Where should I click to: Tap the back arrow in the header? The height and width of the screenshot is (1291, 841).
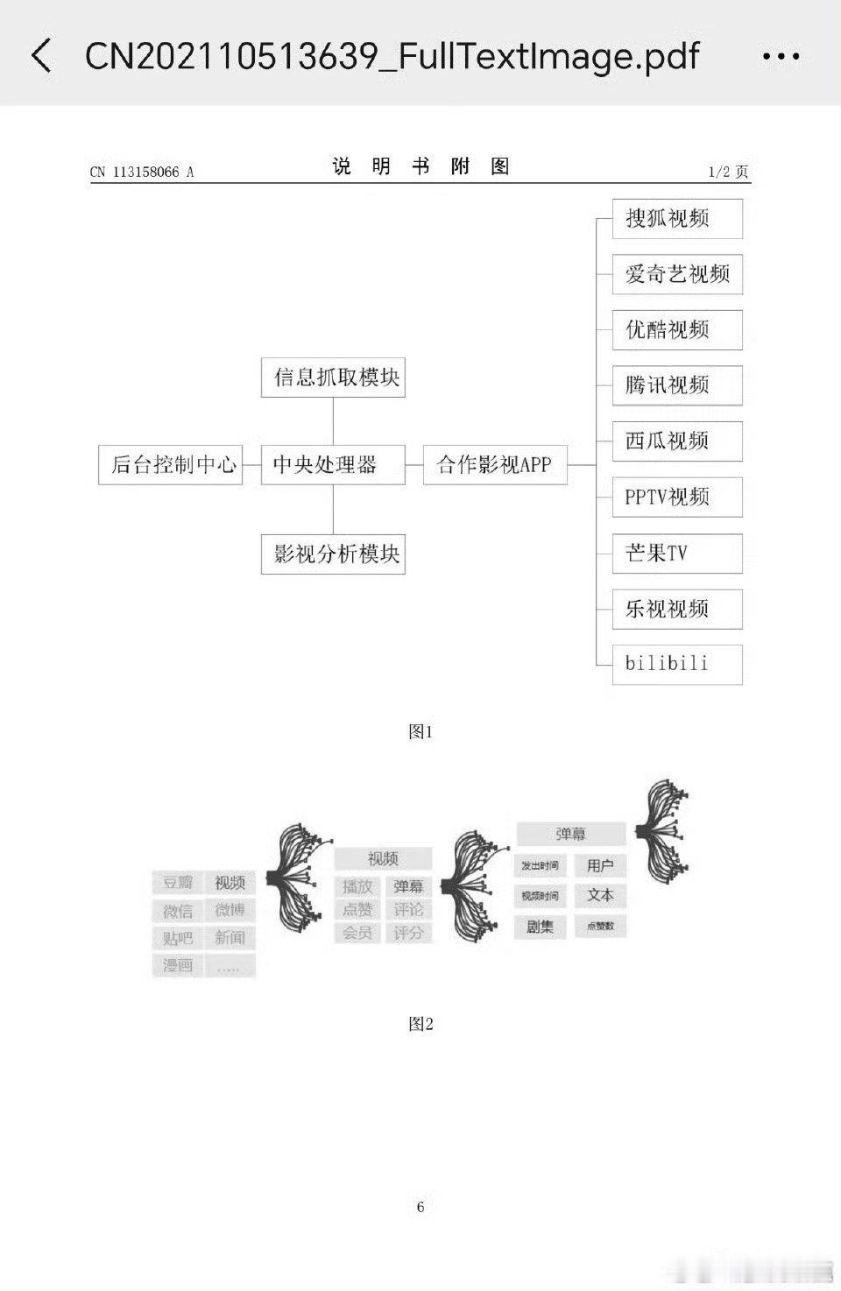point(41,56)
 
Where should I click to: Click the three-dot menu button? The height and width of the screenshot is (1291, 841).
point(781,57)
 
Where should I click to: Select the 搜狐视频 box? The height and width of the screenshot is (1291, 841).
point(677,219)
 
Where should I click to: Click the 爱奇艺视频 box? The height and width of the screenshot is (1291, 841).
point(677,274)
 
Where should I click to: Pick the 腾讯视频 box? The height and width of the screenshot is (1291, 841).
point(677,385)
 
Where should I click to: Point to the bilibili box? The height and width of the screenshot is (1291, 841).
point(677,664)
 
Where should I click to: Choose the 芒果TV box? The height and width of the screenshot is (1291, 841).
point(677,553)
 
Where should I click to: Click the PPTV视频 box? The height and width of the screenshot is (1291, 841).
point(677,497)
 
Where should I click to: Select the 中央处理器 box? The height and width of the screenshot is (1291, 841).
point(333,464)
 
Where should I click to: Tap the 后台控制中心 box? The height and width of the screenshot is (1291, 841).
point(171,464)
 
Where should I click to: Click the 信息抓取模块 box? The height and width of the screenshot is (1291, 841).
point(333,377)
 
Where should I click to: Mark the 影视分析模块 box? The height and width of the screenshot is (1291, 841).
point(333,554)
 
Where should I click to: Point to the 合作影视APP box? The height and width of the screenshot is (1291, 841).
point(495,464)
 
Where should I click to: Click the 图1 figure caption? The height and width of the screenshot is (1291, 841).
point(420,731)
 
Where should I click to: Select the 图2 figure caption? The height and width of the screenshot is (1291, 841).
point(420,1024)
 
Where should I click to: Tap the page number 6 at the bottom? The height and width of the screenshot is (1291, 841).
point(420,1207)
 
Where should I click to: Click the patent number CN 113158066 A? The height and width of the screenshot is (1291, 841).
point(142,172)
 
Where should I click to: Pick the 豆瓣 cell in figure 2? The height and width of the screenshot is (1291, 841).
point(178,883)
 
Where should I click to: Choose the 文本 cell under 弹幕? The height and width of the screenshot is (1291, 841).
point(600,896)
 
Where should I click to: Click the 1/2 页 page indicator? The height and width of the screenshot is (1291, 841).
point(728,172)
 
